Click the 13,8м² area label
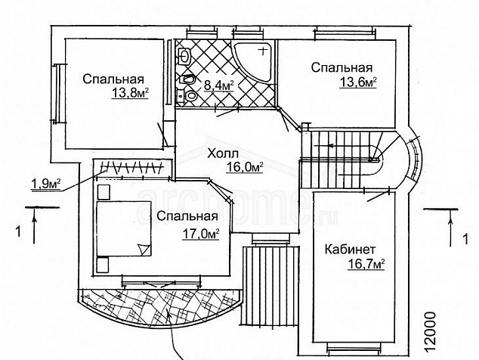click(x=130, y=92)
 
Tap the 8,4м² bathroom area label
click(x=219, y=85)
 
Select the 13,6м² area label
click(x=358, y=82)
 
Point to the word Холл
click(x=222, y=154)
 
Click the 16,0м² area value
click(x=245, y=167)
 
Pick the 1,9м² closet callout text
click(x=46, y=184)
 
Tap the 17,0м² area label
click(x=201, y=234)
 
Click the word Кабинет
click(x=350, y=250)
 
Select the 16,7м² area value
click(x=366, y=264)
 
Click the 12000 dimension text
click(x=430, y=332)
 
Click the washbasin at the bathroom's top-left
click(x=184, y=56)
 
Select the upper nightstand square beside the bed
click(x=104, y=192)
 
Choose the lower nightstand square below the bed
click(x=103, y=265)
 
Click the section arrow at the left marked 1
click(x=34, y=225)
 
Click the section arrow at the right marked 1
click(x=450, y=228)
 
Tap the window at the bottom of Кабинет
click(x=354, y=348)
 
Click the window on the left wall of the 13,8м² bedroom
click(x=57, y=93)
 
